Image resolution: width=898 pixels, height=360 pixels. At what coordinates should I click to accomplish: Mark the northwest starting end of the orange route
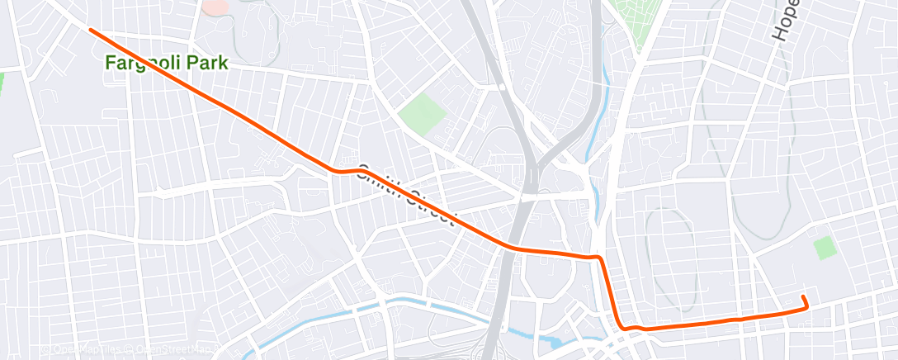coord(90,30)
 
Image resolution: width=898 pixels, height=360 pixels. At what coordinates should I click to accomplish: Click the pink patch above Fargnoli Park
coord(215,7)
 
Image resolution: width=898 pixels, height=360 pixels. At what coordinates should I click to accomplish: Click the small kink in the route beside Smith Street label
coord(338,170)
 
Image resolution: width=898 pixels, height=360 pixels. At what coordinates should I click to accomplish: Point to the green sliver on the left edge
coord(2,83)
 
